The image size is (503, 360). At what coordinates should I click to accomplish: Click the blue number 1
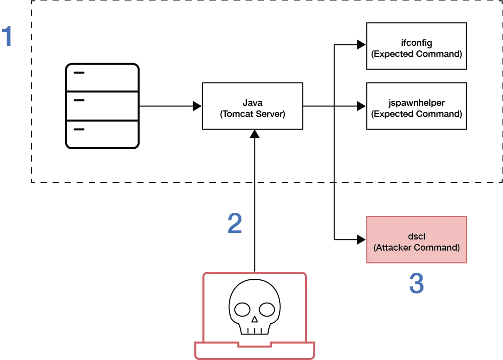tap(7, 37)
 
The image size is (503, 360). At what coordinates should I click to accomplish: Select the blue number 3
tap(416, 283)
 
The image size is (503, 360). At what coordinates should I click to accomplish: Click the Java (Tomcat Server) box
tap(253, 107)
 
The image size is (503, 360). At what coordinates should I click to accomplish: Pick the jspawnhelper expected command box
tap(416, 108)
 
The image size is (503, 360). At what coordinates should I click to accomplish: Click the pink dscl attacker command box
tap(416, 240)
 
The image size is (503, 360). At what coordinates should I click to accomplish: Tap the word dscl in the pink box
tap(416, 235)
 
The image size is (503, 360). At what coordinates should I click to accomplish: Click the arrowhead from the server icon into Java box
tap(197, 107)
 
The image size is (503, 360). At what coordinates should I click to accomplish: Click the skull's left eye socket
tap(242, 308)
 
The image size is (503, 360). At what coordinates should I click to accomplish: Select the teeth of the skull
tap(255, 329)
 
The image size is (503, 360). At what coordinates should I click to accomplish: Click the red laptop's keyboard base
tap(255, 349)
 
